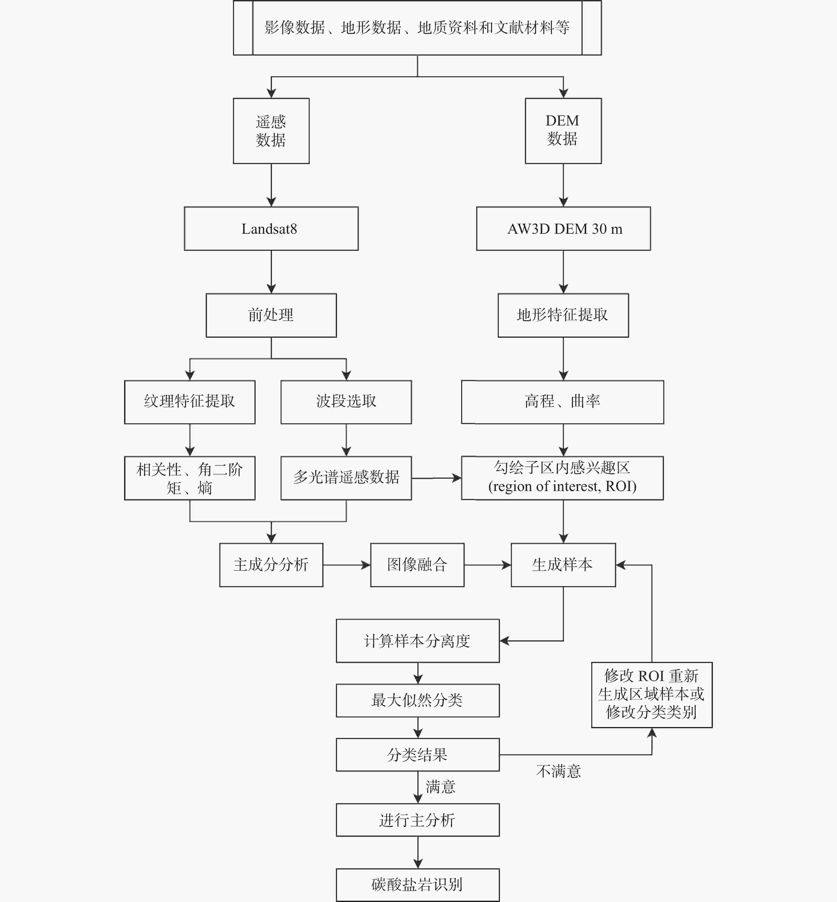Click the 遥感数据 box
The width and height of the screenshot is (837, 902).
271,131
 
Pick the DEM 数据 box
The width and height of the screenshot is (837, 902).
563,131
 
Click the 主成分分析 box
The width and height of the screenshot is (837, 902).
271,565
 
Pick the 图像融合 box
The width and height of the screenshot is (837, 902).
417,565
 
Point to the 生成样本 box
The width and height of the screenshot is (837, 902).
563,565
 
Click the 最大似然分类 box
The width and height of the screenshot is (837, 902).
417,700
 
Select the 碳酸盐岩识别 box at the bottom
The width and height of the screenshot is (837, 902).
417,885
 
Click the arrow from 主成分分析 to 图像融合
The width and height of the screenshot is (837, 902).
346,565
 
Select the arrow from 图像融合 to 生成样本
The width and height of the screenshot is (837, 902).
487,565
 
